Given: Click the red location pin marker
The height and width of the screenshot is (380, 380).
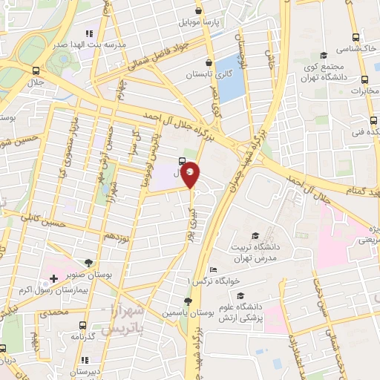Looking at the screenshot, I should [191, 174].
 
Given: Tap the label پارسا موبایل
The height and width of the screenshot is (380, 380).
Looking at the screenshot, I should [199, 23].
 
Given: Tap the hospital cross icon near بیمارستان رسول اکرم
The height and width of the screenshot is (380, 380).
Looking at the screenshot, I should [53, 279].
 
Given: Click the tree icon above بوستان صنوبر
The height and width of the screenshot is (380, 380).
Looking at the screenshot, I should [89, 263].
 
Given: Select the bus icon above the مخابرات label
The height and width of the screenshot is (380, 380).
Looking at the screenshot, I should [364, 79].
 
